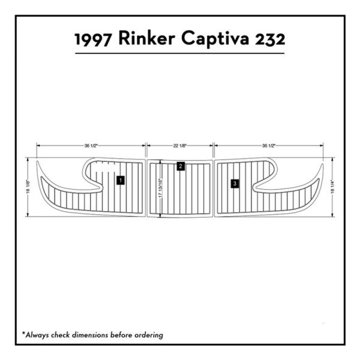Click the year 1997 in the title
pyautogui.click(x=93, y=39)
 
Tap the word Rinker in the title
pyautogui.click(x=147, y=38)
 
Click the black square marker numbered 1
pyautogui.click(x=121, y=180)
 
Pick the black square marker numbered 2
pyautogui.click(x=181, y=166)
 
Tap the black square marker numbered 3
pyautogui.click(x=235, y=184)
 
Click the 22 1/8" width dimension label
pyautogui.click(x=180, y=146)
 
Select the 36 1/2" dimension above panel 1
pyautogui.click(x=91, y=146)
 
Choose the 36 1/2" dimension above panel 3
pyautogui.click(x=269, y=146)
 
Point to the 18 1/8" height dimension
pyautogui.click(x=28, y=187)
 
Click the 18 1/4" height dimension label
pyautogui.click(x=332, y=187)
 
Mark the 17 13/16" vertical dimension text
pyautogui.click(x=160, y=188)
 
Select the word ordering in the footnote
pyautogui.click(x=149, y=335)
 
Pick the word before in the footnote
pyautogui.click(x=121, y=335)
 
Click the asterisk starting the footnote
pyautogui.click(x=23, y=333)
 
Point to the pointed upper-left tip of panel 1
pyautogui.click(x=37, y=161)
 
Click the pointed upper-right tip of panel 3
pyautogui.click(x=323, y=164)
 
